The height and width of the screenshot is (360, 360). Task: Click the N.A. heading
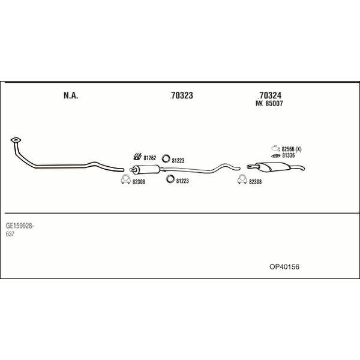(71, 95)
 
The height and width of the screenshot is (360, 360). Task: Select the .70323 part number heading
(181, 95)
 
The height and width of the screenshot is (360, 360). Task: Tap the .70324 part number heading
(269, 95)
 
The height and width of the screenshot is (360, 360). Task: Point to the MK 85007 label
(269, 103)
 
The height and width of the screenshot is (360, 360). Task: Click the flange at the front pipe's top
(16, 140)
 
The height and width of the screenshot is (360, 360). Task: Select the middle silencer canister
(146, 169)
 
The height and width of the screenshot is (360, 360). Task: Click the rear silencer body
(272, 166)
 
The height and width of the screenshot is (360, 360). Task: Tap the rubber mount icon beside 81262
(137, 157)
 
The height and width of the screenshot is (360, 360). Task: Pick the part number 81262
(149, 158)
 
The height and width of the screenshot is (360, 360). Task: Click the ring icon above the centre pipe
(166, 158)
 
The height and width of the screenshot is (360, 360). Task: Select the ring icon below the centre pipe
(170, 179)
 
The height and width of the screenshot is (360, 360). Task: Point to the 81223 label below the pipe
(182, 181)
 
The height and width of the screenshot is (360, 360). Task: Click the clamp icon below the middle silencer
(125, 179)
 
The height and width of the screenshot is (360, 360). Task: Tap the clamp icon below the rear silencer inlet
(242, 179)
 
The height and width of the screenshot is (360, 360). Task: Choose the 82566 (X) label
(292, 149)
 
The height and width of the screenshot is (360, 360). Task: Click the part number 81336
(289, 155)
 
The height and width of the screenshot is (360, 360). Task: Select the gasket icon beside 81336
(276, 156)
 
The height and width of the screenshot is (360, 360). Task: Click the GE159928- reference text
(20, 226)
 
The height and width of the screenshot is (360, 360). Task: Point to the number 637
(10, 234)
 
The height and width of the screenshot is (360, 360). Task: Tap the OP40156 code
(284, 267)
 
